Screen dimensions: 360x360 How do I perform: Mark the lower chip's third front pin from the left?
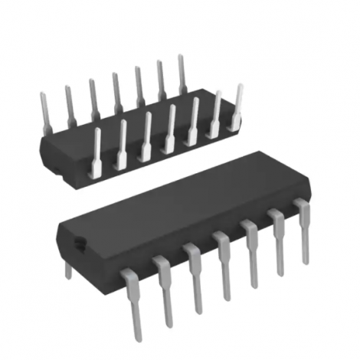195,276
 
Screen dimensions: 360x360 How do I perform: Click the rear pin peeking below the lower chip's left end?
67,268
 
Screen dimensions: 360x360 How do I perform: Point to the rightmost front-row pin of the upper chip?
238,107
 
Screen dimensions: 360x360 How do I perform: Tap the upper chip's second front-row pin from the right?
216,113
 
